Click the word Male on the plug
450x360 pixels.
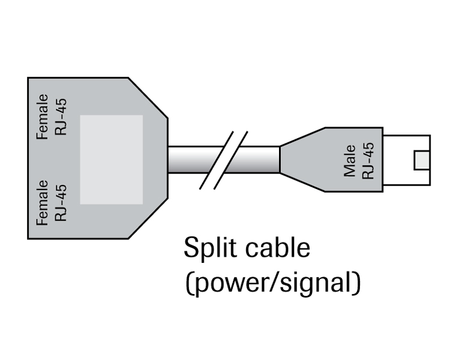(x=350, y=161)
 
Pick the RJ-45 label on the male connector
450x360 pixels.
(x=368, y=160)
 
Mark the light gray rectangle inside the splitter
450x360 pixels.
(x=112, y=159)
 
